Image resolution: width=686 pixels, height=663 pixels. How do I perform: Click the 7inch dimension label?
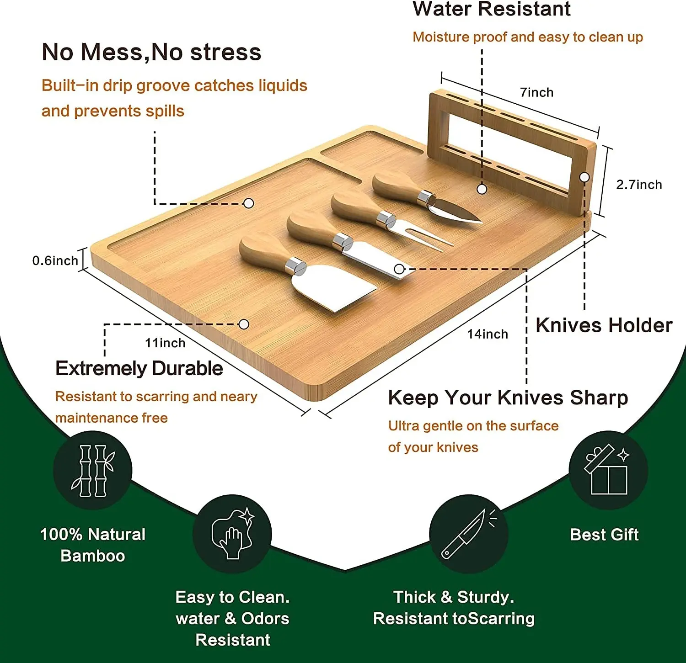coord(536,93)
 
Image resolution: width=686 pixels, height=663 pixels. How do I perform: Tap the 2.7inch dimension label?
coord(639,185)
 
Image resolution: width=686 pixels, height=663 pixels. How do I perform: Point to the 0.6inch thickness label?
coord(55,261)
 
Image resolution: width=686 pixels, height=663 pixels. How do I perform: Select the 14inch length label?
coord(487,334)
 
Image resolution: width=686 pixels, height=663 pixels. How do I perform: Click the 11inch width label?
coord(165,343)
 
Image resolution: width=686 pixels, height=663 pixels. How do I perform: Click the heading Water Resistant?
coord(491,9)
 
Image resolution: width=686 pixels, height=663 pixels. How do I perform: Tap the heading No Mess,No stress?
coord(151,52)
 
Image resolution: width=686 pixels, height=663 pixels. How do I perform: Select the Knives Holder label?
coord(604,326)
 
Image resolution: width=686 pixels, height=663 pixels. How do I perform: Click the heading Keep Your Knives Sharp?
coord(508,398)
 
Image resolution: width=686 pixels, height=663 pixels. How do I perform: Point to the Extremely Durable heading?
coord(139,368)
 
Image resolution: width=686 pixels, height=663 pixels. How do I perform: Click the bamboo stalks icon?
coord(93,471)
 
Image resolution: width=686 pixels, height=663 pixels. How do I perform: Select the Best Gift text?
coord(604,535)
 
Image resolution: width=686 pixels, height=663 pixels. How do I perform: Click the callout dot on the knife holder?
coord(584,177)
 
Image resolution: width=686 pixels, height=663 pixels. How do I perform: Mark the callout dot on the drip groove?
coord(248,203)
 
